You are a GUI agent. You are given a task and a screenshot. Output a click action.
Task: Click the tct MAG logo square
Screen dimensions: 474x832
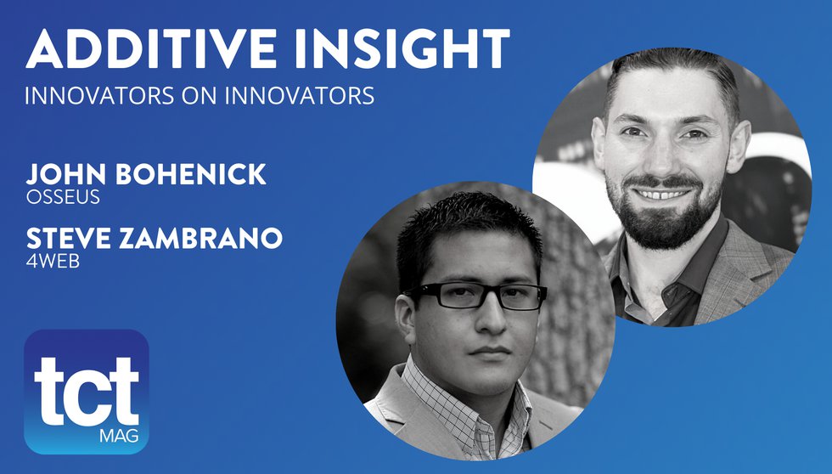click(87, 391)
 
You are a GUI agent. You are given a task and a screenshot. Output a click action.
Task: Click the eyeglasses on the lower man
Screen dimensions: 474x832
click(480, 296)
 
